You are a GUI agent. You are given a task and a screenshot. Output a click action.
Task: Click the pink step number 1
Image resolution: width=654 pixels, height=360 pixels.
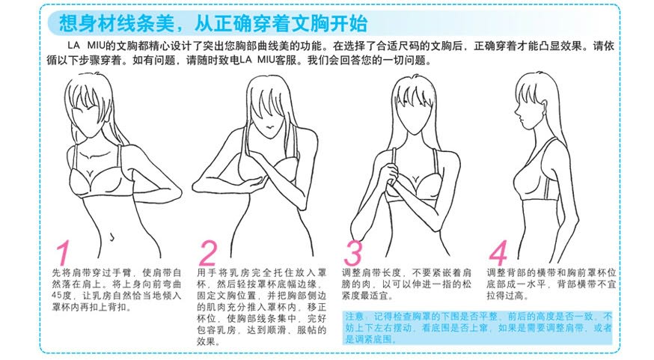click(x=63, y=252)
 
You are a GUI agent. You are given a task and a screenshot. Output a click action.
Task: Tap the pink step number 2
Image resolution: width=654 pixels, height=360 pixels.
click(x=208, y=252)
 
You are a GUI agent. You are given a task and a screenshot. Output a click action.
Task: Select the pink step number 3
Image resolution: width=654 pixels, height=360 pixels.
click(x=353, y=252)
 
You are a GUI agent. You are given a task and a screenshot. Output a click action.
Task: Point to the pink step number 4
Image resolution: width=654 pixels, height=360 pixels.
click(x=498, y=252)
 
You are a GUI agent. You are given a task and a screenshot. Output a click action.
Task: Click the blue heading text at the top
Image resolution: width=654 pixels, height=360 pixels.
click(x=213, y=23)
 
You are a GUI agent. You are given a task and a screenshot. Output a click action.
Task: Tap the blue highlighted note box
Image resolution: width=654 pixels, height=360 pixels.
click(x=478, y=328)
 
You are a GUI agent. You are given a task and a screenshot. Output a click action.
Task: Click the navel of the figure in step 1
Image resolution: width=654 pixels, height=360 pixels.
click(x=111, y=237)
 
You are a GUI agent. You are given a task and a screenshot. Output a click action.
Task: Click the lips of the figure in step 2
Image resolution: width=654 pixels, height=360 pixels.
click(x=270, y=126)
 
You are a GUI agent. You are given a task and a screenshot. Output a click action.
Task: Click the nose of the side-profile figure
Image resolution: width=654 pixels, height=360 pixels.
click(x=516, y=114)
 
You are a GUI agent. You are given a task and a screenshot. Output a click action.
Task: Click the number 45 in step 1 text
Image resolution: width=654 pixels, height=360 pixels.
click(x=57, y=296)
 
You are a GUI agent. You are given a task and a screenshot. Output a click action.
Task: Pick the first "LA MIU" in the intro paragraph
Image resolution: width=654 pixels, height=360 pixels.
click(x=85, y=46)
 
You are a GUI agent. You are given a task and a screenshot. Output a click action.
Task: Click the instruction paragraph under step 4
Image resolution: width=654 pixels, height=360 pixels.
click(x=551, y=284)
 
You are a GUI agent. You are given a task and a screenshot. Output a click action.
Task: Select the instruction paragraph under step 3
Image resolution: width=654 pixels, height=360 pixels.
click(x=406, y=284)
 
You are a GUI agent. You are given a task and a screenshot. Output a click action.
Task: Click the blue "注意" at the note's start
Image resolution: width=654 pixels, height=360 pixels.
click(x=354, y=317)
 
